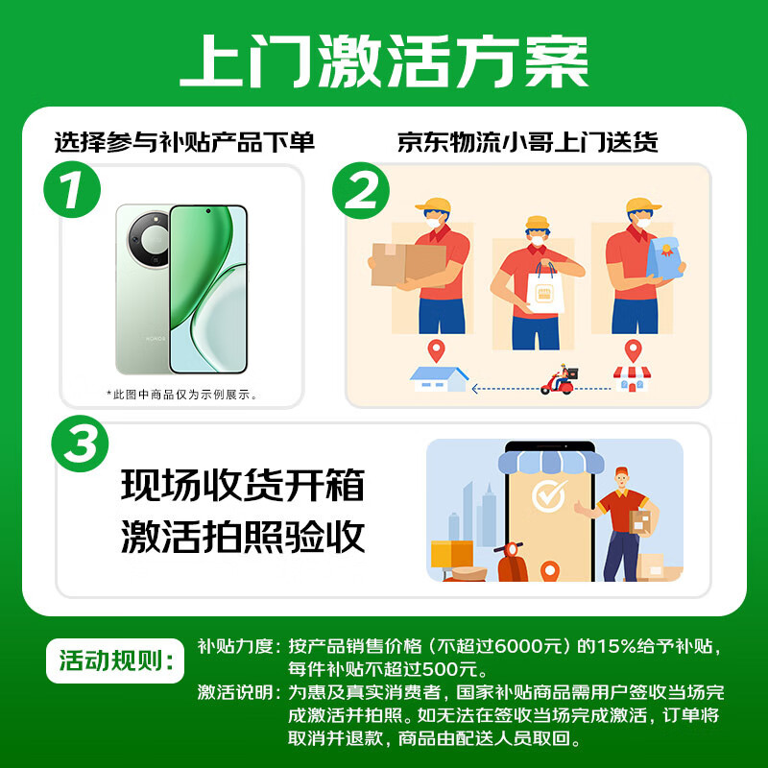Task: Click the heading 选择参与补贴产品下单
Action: coord(184,142)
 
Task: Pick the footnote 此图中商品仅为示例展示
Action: coord(182,394)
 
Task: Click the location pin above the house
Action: coord(438,350)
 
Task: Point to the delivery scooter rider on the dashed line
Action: coord(559,381)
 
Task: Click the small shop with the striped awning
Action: coord(632,378)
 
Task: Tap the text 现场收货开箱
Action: coord(243,486)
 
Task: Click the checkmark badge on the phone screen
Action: coord(549,496)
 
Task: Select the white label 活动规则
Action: coord(114,661)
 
